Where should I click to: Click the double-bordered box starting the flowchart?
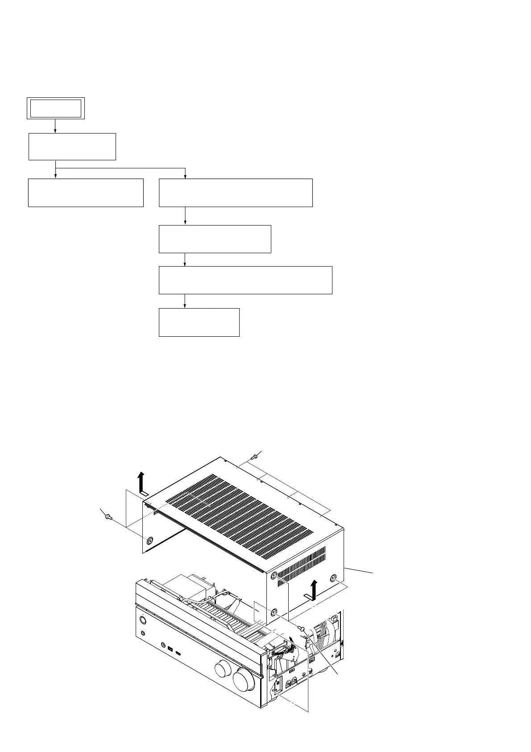(55, 108)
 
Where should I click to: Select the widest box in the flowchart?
(245, 280)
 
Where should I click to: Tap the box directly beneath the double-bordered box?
(72, 146)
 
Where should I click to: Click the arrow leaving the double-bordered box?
(55, 125)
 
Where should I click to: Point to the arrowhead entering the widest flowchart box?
(185, 264)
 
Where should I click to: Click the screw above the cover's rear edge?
(254, 457)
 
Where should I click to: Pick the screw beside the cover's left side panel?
(107, 517)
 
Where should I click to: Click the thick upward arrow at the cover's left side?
(142, 484)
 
